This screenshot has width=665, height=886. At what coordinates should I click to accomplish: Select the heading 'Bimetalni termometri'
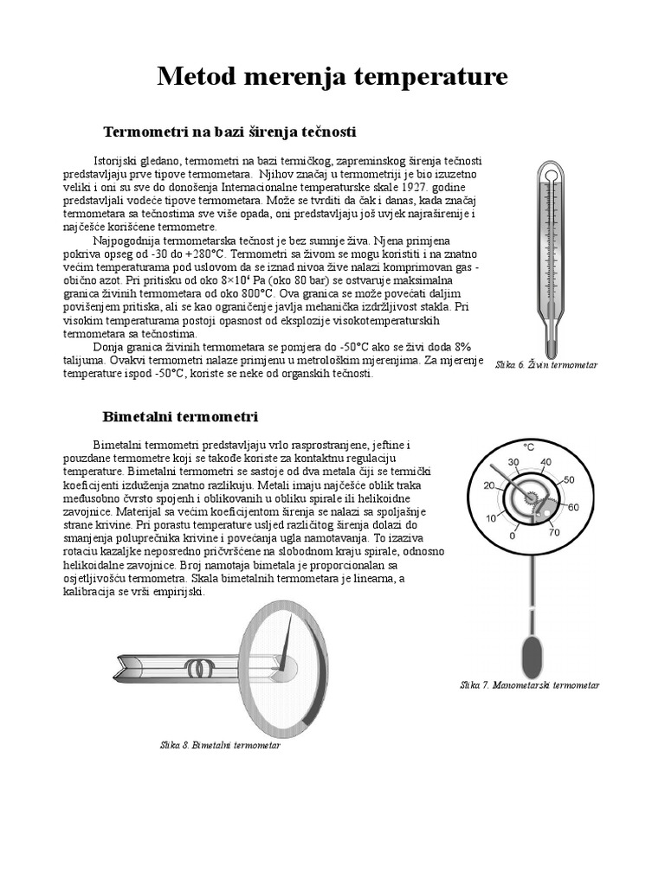pos(180,416)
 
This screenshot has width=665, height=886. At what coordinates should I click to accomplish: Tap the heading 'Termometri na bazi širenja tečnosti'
pos(229,132)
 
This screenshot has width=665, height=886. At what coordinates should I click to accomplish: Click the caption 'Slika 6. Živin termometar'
pos(546,365)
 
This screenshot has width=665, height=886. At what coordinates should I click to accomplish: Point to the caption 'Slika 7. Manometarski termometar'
pos(529,684)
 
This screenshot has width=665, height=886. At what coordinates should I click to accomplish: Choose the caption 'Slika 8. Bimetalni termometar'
pos(220,744)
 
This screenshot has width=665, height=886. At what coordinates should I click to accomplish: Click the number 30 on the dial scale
pos(513,462)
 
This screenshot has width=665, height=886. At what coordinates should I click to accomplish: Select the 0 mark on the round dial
pos(513,536)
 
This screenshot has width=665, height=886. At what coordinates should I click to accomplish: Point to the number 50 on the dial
pos(568,479)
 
